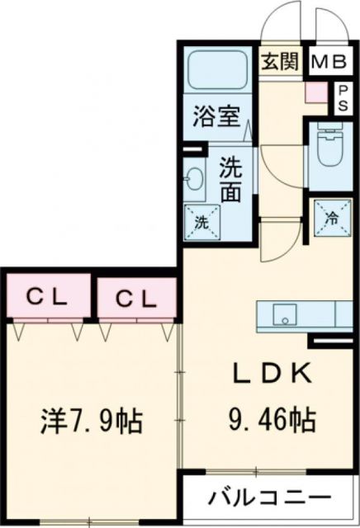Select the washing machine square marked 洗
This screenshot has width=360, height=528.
point(201,221)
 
